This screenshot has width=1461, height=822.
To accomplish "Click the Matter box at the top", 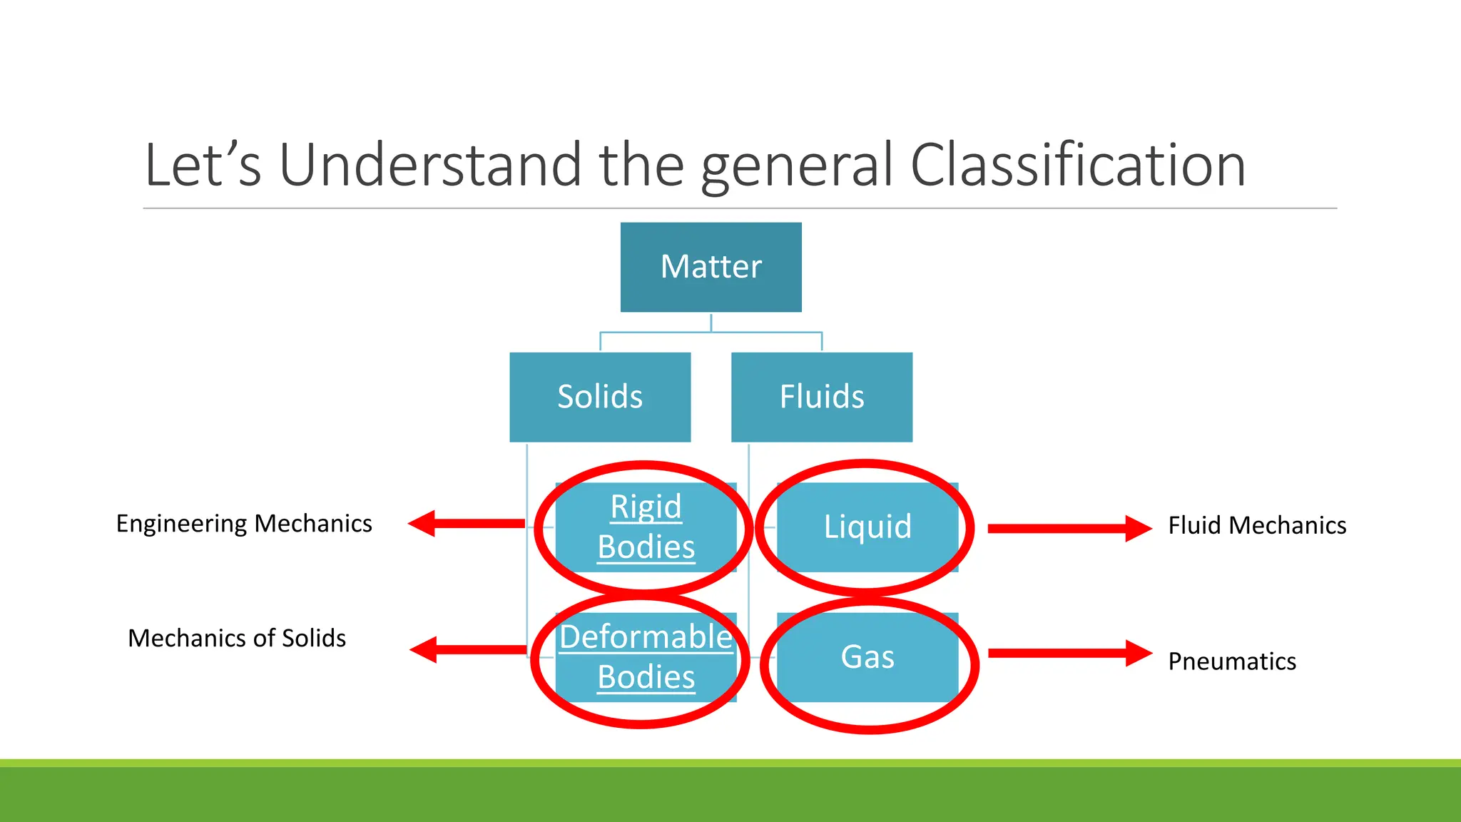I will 711,267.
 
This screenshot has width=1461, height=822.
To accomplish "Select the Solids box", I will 600,397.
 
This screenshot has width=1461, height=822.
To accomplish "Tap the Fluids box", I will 822,397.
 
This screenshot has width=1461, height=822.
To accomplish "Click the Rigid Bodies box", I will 646,527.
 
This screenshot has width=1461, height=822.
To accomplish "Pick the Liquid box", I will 867,527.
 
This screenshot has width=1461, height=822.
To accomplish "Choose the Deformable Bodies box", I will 646,657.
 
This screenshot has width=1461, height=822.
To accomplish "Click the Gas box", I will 867,657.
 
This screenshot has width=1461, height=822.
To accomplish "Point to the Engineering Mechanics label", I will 244,524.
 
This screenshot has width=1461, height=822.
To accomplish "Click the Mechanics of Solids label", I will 237,638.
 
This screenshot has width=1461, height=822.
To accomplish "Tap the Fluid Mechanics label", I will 1257,526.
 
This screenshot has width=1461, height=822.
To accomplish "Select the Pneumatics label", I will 1232,661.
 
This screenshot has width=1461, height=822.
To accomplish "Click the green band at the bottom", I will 730,793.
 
